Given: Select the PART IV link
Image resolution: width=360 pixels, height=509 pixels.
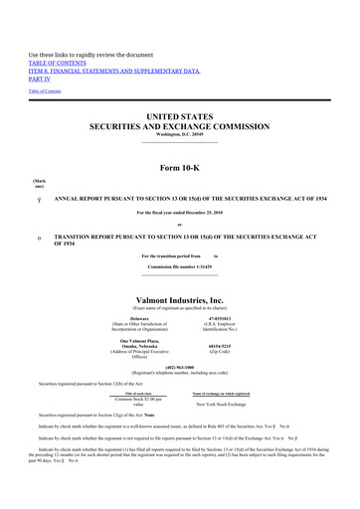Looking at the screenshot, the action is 41,81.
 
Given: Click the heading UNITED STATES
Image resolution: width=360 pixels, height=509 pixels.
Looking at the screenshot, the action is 180,116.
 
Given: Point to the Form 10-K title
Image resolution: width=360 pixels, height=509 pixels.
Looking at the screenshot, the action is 180,165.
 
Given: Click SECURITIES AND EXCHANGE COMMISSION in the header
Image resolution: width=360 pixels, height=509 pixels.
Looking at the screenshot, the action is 180,127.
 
